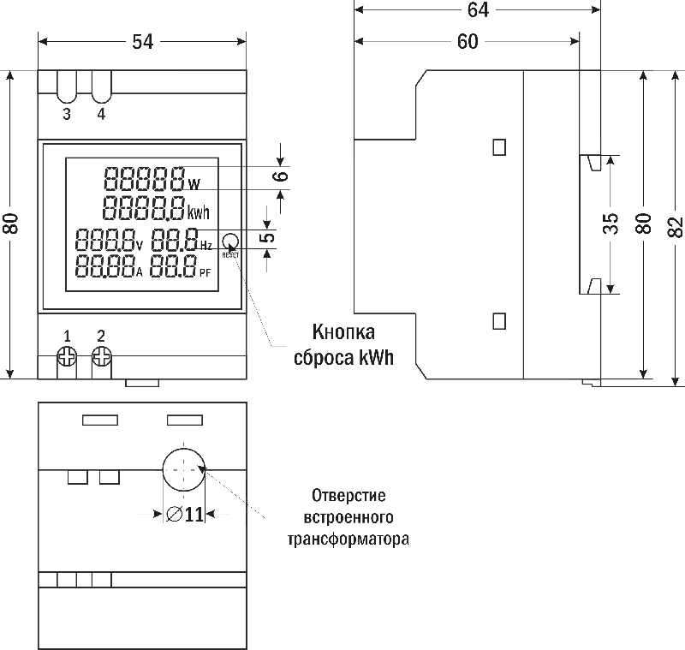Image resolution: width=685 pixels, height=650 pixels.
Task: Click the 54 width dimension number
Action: tap(143, 41)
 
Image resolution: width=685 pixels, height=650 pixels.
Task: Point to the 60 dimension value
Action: tap(468, 42)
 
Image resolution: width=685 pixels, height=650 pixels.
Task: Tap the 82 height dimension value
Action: tap(675, 225)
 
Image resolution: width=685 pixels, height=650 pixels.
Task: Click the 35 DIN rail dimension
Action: tap(610, 224)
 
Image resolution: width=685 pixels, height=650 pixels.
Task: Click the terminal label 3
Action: tap(67, 115)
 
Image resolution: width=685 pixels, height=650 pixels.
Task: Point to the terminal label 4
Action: tap(101, 115)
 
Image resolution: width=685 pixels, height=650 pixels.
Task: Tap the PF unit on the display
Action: tap(205, 273)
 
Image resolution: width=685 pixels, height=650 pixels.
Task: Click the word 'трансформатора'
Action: tap(348, 540)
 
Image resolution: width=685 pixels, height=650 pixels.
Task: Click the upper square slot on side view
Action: tap(499, 147)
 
